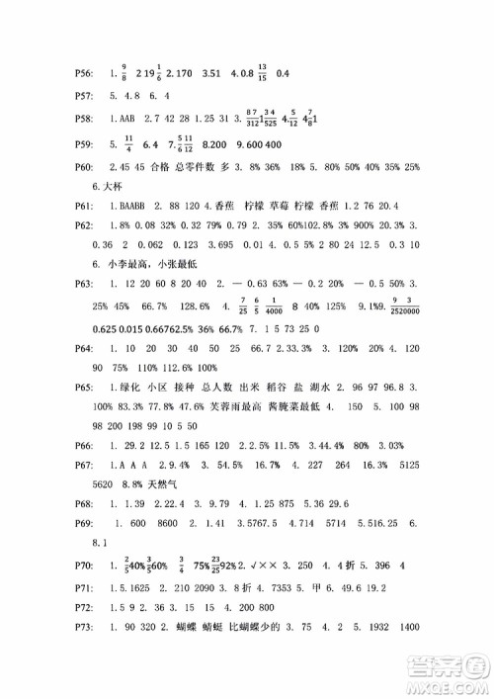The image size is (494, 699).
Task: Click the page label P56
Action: pyautogui.click(x=85, y=74)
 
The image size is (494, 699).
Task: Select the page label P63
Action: pyautogui.click(x=85, y=283)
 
